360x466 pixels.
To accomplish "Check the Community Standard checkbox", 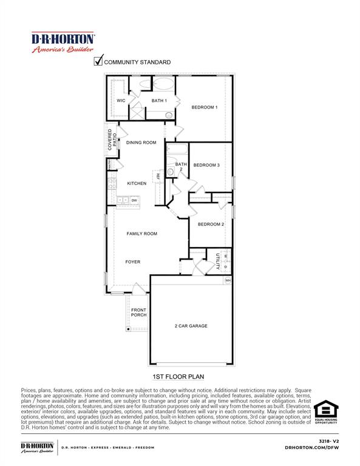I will tap(98, 61).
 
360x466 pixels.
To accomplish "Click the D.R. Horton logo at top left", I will tap(63, 42).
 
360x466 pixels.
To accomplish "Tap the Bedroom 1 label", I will tap(205, 107).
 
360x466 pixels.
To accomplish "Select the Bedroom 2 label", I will tap(211, 225).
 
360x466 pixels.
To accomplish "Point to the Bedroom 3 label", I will tap(206, 165).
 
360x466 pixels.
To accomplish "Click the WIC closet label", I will tap(121, 101).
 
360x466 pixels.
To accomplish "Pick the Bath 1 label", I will tap(159, 101).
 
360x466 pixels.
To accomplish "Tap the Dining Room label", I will tap(141, 143).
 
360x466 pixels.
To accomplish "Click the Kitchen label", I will tap(137, 183).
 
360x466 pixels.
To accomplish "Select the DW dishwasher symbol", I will tap(134, 200).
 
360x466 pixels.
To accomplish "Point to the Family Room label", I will tap(142, 234).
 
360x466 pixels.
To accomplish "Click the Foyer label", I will tap(133, 262).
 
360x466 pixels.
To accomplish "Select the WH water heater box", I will tap(228, 280).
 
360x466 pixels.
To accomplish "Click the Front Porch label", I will tap(139, 312).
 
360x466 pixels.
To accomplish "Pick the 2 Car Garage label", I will tap(191, 326).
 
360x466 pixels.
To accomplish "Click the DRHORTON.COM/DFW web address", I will tap(311, 447).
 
